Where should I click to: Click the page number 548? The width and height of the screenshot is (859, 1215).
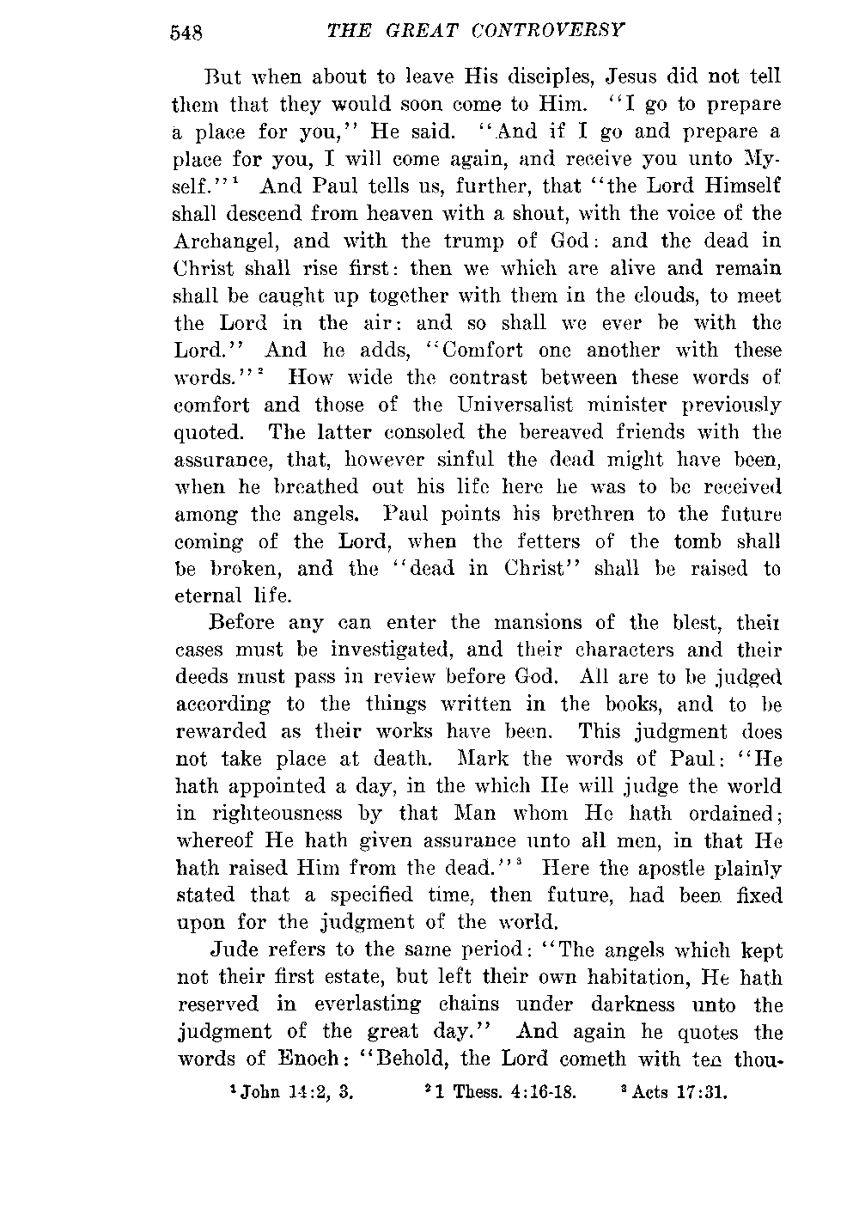(186, 34)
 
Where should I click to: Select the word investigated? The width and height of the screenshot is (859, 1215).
(338, 650)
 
